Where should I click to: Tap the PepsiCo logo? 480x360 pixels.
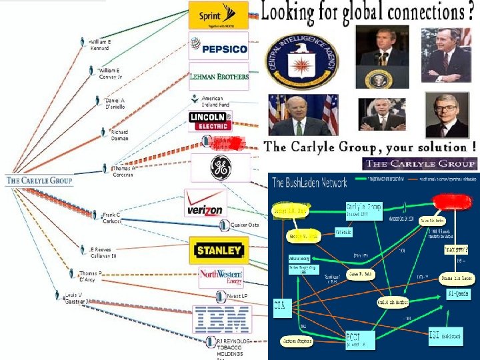(219, 47)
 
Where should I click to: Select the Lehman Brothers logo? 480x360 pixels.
(219, 76)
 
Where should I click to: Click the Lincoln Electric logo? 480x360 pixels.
(211, 120)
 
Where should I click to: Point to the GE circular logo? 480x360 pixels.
(221, 169)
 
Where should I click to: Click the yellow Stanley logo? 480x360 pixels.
(217, 251)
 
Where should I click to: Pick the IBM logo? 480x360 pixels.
(221, 319)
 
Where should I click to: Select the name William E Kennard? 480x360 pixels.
(101, 45)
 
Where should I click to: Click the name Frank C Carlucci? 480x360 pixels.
(111, 217)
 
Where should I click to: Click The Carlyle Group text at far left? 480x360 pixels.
(39, 180)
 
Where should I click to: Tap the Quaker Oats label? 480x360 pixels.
(244, 225)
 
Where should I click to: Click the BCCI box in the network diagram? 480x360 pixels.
(360, 338)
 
